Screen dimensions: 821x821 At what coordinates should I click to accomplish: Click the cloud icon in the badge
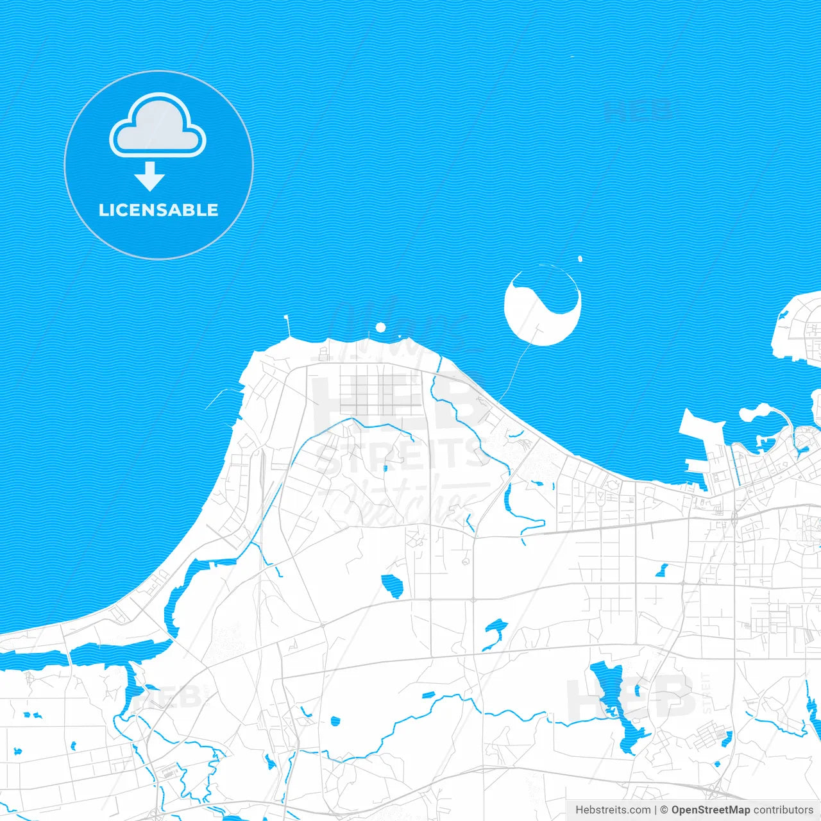[158, 125]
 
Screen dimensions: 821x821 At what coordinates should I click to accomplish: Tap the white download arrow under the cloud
[149, 176]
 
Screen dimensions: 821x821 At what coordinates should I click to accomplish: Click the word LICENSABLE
[158, 210]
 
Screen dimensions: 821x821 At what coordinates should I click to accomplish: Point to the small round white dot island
[380, 328]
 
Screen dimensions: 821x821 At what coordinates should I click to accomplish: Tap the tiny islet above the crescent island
[580, 259]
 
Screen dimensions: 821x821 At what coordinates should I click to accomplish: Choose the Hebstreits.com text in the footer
[613, 810]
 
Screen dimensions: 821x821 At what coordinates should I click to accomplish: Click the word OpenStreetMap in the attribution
[710, 810]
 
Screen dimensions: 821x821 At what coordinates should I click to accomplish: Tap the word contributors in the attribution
[783, 810]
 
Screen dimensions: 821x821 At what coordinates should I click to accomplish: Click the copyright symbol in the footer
[664, 810]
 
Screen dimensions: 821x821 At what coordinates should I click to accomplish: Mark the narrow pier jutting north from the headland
[287, 326]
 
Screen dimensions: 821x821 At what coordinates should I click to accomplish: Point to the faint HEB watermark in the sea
[638, 111]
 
